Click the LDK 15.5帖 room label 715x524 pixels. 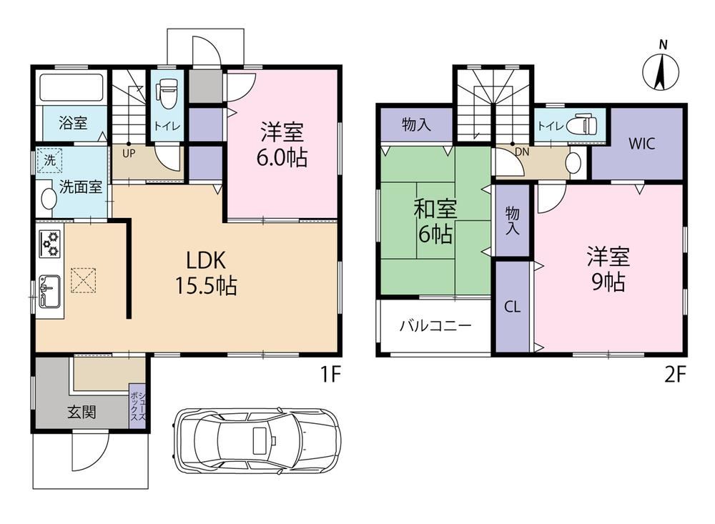click(x=206, y=273)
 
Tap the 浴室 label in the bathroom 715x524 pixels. click(x=73, y=123)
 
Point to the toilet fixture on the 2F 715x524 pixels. click(x=581, y=124)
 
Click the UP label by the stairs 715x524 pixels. click(x=129, y=154)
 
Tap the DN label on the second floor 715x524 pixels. click(x=522, y=152)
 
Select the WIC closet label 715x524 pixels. click(x=641, y=144)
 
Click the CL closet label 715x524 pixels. click(x=512, y=307)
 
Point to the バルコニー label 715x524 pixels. click(x=435, y=326)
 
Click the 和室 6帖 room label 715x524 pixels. click(x=435, y=222)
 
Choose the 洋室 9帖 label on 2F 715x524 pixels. click(x=608, y=269)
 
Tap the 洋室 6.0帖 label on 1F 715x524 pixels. click(x=281, y=145)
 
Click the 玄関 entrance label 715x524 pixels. click(x=82, y=412)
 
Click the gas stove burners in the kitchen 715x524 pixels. click(x=51, y=243)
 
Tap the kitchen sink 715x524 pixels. click(x=49, y=291)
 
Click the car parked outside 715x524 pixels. click(x=256, y=440)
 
